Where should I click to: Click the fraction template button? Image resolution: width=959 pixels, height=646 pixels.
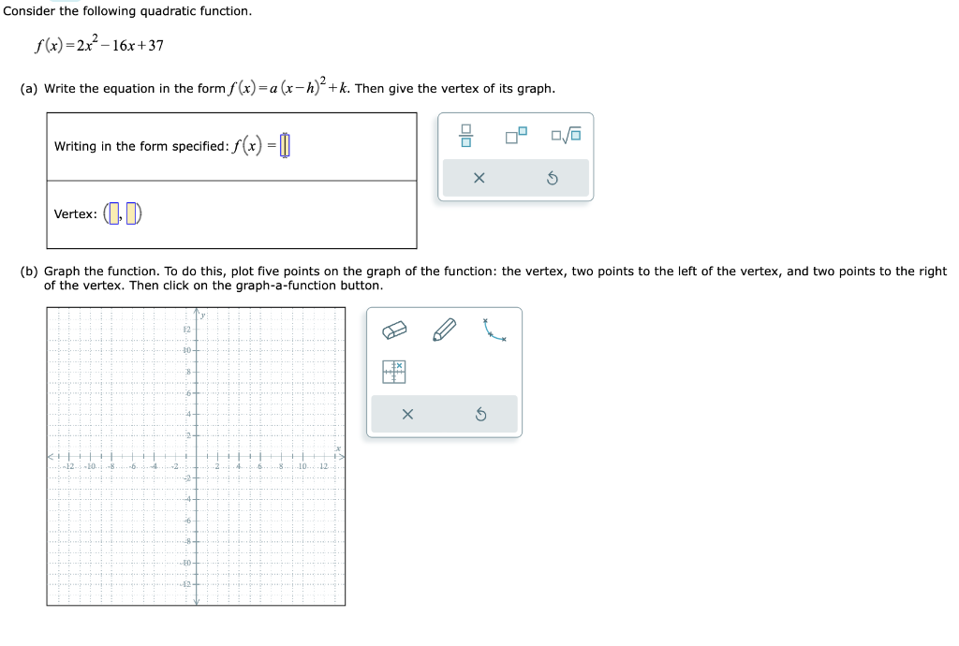point(465,137)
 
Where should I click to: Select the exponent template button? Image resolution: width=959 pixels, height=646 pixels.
point(516,137)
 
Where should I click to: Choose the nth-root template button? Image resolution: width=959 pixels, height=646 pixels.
point(567,137)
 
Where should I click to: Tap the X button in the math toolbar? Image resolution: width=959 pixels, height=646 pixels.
point(479,178)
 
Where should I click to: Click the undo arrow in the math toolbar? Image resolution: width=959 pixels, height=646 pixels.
point(553,178)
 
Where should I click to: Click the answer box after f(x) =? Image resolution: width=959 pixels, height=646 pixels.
point(286,146)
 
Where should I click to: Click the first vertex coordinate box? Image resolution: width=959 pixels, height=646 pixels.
point(113,213)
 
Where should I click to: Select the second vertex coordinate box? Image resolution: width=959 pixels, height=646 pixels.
point(132,213)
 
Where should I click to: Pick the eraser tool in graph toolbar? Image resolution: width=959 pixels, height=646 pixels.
point(394,330)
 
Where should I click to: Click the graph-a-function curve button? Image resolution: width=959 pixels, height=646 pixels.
point(494,330)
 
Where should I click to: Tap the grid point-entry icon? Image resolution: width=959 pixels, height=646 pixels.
point(394,372)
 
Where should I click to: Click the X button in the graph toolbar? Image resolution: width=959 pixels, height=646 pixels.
point(406,414)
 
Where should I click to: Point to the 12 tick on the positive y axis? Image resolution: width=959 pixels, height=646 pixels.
point(186,330)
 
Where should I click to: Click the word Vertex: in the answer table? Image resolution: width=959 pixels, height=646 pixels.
point(75,214)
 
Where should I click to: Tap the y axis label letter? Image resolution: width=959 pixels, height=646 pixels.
point(203,317)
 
